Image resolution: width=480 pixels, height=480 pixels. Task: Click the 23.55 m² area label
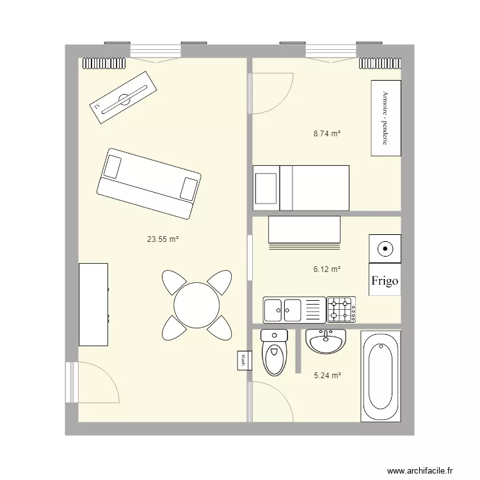click(163, 239)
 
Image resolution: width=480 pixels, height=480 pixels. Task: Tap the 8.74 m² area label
click(327, 134)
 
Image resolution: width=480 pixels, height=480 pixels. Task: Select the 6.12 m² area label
click(327, 269)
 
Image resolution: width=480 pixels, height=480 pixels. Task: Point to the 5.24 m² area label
click(327, 375)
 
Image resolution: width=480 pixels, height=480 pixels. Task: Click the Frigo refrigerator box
click(385, 279)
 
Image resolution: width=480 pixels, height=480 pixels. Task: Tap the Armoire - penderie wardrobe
click(386, 118)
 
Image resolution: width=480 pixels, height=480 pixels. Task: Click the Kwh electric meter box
click(244, 360)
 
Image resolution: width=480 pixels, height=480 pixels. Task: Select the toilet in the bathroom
click(275, 353)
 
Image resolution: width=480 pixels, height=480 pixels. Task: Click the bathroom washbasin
click(326, 341)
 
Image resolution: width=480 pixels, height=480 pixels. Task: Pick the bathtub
click(381, 376)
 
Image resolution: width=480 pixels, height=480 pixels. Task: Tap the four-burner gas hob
click(341, 310)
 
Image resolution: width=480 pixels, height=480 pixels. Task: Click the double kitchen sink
click(294, 310)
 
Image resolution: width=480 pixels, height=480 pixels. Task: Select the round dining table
click(196, 305)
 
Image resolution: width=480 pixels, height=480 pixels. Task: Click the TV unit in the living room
click(123, 98)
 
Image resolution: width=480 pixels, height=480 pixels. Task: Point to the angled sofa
click(149, 184)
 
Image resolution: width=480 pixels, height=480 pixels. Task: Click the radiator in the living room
click(104, 63)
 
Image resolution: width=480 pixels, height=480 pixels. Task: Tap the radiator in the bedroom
click(380, 63)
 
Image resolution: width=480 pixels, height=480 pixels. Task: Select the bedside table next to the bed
click(266, 188)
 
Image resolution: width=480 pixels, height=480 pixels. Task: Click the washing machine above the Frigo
click(385, 248)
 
